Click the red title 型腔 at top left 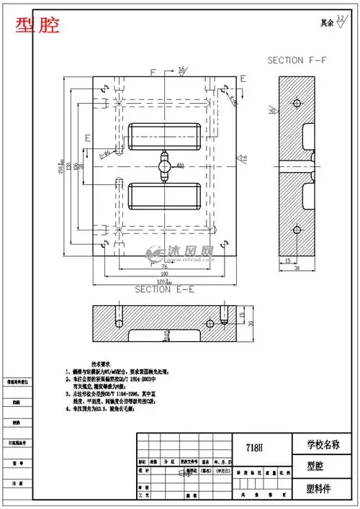(38, 26)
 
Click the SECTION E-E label (163, 289)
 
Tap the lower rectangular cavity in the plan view (165, 195)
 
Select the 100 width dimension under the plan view (165, 274)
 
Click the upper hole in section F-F (296, 102)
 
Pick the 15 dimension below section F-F (287, 261)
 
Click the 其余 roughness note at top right (327, 23)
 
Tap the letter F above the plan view (153, 73)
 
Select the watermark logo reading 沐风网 (180, 253)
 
